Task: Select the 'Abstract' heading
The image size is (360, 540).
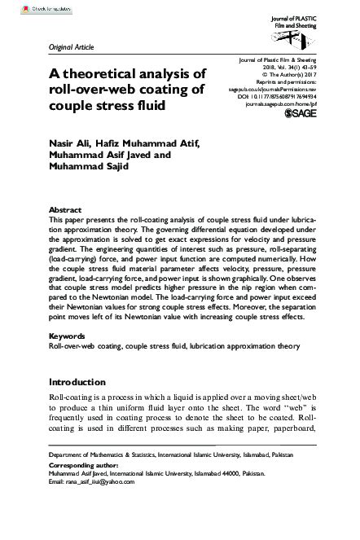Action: click(x=65, y=209)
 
